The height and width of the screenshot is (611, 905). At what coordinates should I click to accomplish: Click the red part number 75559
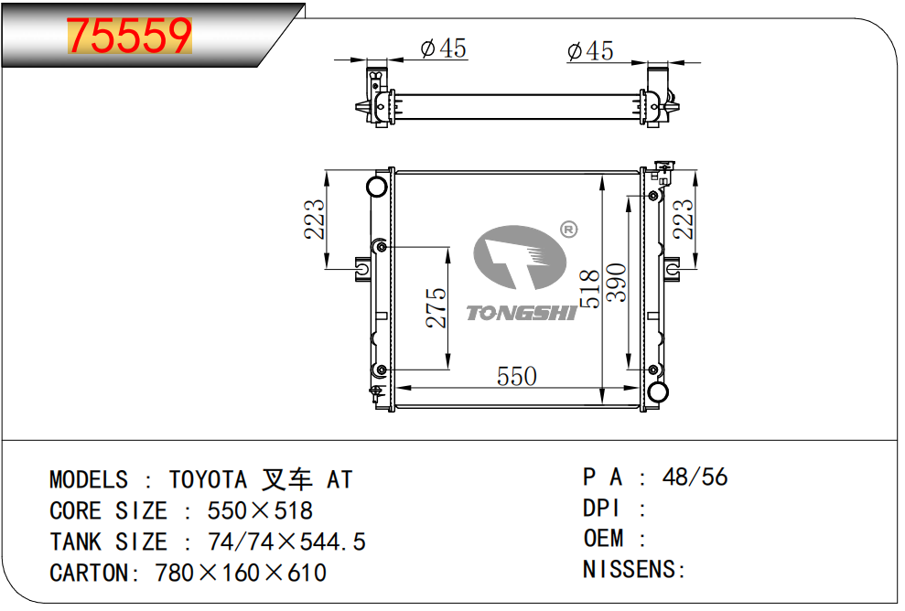point(129,36)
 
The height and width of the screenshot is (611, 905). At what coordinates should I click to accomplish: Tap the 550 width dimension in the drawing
point(517,376)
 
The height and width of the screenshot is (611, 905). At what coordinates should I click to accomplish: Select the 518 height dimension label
point(590,288)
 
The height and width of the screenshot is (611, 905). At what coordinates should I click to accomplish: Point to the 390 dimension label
point(617,282)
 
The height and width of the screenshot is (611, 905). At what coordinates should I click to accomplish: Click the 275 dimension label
point(436,307)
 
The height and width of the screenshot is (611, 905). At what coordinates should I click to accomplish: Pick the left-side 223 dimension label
point(315,220)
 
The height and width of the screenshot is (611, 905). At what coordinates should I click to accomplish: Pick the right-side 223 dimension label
point(683,220)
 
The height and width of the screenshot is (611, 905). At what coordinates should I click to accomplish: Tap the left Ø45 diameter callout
point(443,48)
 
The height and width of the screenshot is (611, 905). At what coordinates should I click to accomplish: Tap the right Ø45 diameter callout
point(590,51)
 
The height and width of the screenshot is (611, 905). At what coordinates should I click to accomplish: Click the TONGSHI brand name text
point(522,313)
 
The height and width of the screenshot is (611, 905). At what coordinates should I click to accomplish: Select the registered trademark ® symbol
point(568,230)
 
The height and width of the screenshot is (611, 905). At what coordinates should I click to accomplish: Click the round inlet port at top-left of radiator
point(377,187)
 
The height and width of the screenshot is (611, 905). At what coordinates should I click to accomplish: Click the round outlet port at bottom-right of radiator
point(658,391)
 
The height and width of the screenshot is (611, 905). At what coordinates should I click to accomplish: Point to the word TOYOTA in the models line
point(208,480)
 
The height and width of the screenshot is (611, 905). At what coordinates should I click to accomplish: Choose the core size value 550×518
point(260,510)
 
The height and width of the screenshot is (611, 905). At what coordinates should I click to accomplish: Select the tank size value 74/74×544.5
point(286,541)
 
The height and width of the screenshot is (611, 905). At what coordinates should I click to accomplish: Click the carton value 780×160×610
point(241,573)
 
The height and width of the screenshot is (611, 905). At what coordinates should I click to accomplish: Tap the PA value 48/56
point(695,477)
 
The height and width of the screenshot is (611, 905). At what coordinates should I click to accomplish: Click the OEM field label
point(603,539)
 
